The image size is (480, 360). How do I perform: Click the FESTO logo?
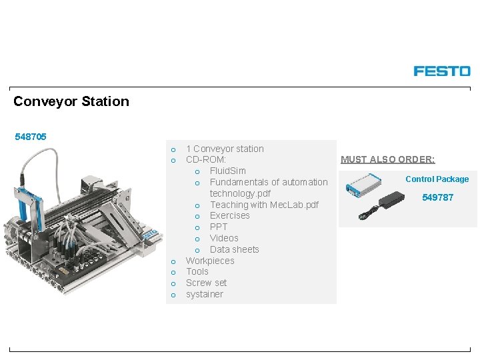[441, 71]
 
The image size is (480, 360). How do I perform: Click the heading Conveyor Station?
[71, 101]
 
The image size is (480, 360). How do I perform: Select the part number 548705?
[31, 137]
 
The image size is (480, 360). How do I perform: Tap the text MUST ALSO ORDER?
[387, 159]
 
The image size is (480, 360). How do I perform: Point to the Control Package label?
[437, 179]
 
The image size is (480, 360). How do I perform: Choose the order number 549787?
[437, 197]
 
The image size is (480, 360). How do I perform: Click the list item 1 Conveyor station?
[225, 149]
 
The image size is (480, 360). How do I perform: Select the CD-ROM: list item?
[206, 160]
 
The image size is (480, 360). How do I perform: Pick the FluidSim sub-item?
[227, 171]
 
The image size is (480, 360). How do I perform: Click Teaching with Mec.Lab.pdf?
[264, 205]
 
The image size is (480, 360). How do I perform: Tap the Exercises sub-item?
[229, 215]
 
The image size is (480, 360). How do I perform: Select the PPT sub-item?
[219, 227]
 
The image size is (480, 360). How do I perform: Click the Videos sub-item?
[224, 238]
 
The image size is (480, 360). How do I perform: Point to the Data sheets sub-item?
[234, 249]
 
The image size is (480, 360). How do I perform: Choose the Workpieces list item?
[210, 261]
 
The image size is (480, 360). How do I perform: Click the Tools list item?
[197, 271]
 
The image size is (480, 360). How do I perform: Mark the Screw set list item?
[206, 283]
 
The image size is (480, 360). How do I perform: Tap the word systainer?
[205, 294]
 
